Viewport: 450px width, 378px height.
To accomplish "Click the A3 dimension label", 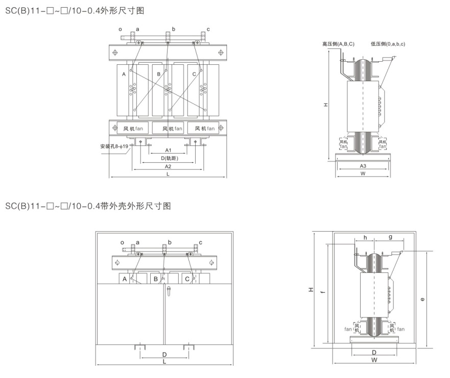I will [363, 166].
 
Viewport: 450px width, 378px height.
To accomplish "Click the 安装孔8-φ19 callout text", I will [115, 147].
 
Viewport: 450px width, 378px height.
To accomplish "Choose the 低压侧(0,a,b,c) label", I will [388, 44].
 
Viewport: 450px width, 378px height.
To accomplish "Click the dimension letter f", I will [322, 292].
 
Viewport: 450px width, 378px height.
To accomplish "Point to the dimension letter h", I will [365, 237].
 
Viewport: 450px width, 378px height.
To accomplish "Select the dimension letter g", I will [390, 237].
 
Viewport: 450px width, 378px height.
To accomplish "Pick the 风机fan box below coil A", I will [133, 129].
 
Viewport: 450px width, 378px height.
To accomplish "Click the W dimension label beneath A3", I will [363, 174].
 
